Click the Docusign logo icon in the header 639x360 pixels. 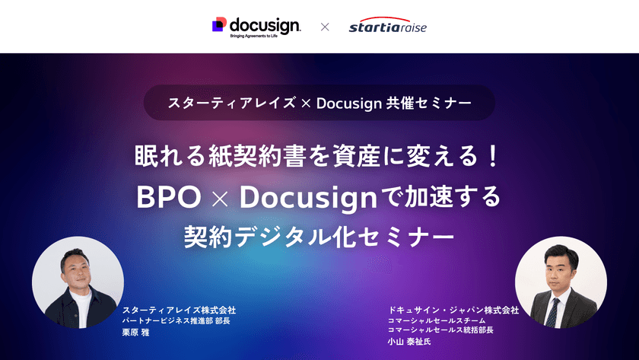(219, 24)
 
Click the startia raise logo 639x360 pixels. (387, 27)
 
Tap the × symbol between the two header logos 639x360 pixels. (325, 27)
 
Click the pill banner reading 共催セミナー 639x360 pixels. (319, 102)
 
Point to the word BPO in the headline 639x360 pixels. (168, 197)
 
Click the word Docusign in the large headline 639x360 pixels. (308, 197)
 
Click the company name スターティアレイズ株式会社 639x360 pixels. (179, 311)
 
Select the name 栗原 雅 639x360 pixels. (136, 332)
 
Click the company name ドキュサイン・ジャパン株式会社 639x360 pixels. (453, 311)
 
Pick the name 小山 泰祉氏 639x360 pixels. (409, 342)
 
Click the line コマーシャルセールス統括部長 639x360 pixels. (440, 330)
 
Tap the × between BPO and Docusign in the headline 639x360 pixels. (220, 198)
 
